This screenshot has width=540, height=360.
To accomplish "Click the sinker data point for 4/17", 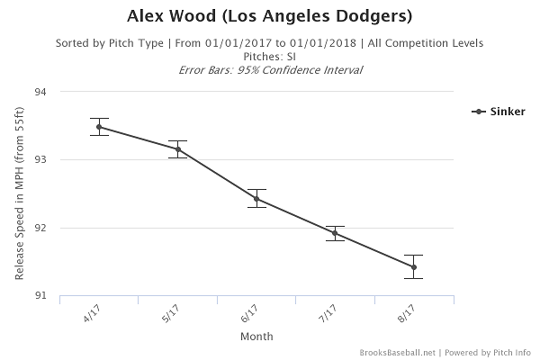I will [x=99, y=127].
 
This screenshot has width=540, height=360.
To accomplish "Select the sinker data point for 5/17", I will [x=178, y=149].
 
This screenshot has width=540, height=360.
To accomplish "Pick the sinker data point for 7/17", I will [x=335, y=233].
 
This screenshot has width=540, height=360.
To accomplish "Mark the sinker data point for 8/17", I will [x=414, y=267].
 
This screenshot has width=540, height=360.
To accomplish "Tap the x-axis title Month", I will [x=256, y=337].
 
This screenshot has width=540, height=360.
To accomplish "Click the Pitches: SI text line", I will [x=269, y=56].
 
